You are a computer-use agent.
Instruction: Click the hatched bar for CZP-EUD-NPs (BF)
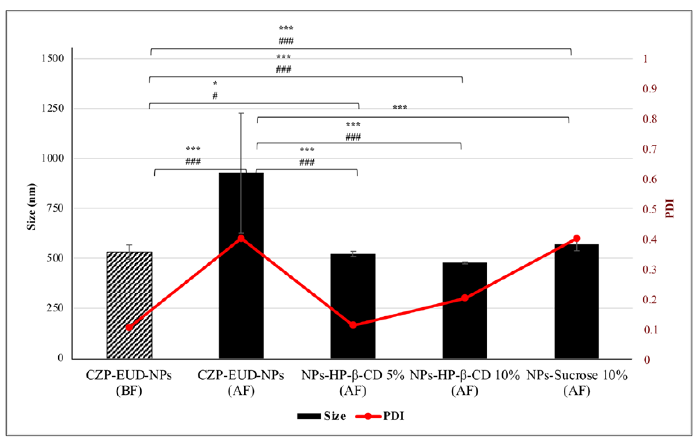(x=129, y=290)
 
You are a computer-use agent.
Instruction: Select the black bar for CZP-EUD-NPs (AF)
(x=241, y=290)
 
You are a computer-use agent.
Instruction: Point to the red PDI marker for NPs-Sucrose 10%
(x=577, y=238)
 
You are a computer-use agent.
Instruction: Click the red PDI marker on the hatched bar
(x=129, y=328)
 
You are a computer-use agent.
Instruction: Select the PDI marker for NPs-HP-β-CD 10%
(x=465, y=298)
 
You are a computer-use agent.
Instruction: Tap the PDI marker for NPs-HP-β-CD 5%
(x=353, y=325)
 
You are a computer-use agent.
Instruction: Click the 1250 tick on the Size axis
(x=52, y=108)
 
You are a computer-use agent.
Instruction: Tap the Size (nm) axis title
(x=32, y=206)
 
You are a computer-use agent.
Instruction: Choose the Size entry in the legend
(x=322, y=416)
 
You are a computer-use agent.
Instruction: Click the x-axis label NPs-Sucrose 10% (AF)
(x=577, y=383)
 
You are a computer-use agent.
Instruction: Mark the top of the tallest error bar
(x=241, y=113)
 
